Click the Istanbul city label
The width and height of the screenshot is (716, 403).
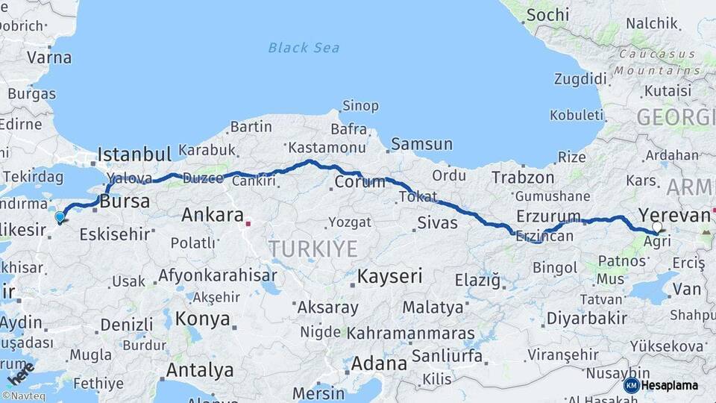(x=134, y=154)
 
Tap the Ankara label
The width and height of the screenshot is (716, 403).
(x=213, y=216)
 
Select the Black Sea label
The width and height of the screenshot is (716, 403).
(x=304, y=48)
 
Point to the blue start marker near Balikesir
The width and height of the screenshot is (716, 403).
(x=60, y=217)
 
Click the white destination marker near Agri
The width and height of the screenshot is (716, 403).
(x=656, y=226)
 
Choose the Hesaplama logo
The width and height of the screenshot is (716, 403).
(x=662, y=385)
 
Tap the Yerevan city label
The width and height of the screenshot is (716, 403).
(x=674, y=216)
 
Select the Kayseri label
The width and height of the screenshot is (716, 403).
(x=389, y=276)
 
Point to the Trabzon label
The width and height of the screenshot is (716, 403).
(x=523, y=178)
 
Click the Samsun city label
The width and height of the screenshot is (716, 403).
(x=421, y=144)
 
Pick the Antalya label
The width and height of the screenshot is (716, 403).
(x=199, y=370)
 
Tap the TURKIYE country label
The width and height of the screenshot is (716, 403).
(x=313, y=249)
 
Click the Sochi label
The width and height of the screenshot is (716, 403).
(x=547, y=15)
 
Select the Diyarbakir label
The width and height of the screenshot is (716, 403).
(x=586, y=318)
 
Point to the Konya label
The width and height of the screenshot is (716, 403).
(x=202, y=319)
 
